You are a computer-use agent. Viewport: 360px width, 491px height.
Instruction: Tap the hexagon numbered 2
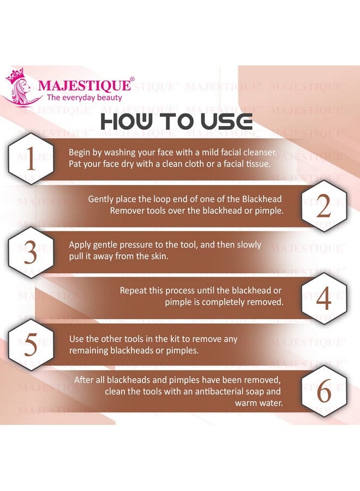coord(323,206)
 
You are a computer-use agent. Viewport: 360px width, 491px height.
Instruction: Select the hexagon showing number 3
coord(30,253)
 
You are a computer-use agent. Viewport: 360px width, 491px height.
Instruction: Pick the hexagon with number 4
coord(323,299)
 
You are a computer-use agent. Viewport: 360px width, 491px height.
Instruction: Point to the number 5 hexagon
coord(30,345)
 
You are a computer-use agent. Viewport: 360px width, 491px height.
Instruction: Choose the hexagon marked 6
coord(323,392)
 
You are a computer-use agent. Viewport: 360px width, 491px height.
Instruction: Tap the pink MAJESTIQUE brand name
coord(84,86)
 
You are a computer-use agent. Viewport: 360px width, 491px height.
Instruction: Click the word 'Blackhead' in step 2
coord(263,199)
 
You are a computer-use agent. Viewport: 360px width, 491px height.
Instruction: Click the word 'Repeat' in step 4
coord(134,291)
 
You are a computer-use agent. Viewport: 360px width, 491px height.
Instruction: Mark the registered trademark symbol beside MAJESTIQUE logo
coord(132,80)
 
